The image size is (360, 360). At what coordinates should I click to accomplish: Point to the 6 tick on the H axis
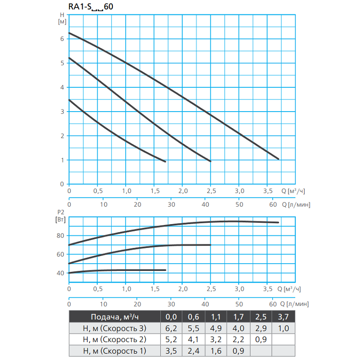tap(62, 39)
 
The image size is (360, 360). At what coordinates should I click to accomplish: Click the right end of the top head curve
tap(279, 159)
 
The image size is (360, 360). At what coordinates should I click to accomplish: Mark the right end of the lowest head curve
tap(166, 162)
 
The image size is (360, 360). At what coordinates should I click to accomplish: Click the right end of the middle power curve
tap(210, 245)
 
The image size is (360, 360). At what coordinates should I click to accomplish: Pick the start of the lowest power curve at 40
tap(69, 273)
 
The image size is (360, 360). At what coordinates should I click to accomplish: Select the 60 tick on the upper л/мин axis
tap(273, 204)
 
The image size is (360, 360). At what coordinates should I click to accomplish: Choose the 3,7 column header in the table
tap(283, 316)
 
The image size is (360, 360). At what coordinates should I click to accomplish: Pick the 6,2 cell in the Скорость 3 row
tap(171, 328)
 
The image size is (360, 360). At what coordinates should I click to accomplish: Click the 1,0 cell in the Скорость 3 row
tap(283, 328)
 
